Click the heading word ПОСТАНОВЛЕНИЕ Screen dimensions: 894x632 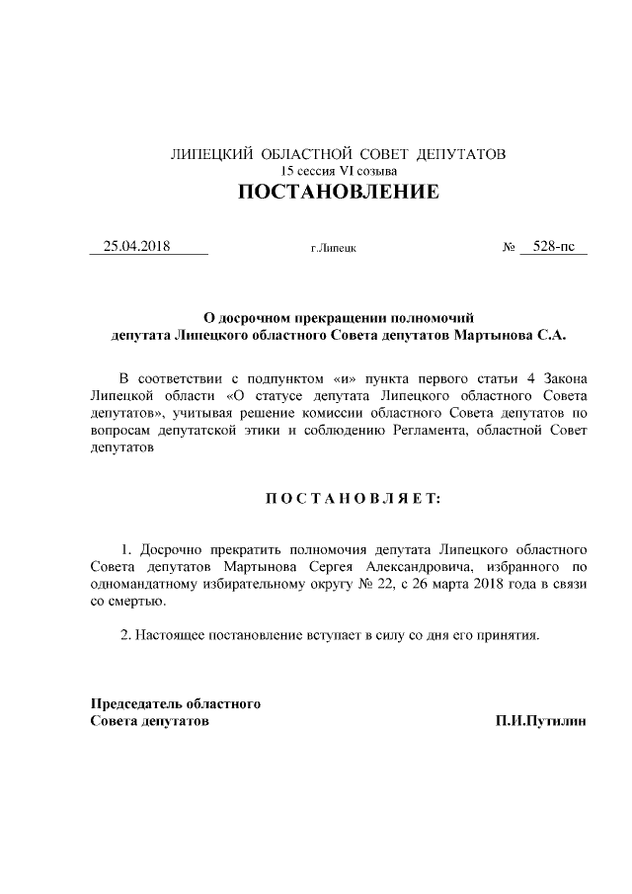(x=339, y=193)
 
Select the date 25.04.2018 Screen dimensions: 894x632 (x=137, y=246)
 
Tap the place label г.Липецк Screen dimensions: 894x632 (x=333, y=248)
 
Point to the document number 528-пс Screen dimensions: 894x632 (x=553, y=246)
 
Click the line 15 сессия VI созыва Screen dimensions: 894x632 (x=338, y=171)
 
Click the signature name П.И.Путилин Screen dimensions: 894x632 (x=541, y=721)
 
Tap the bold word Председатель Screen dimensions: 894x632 (x=135, y=704)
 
